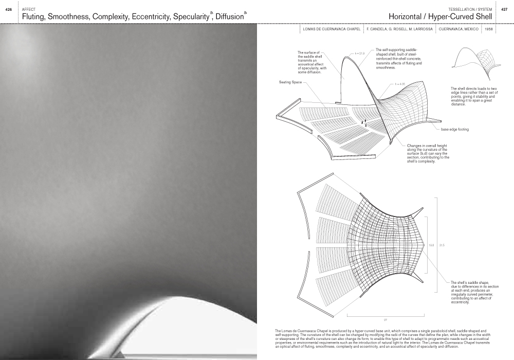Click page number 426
click(x=8, y=10)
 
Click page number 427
click(x=504, y=10)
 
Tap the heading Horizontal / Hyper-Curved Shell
click(x=440, y=16)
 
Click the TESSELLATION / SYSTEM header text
click(x=470, y=10)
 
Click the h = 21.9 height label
click(x=359, y=53)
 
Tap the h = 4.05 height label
click(x=400, y=83)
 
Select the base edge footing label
click(x=455, y=129)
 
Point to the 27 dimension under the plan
click(x=385, y=320)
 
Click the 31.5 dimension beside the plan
click(x=442, y=245)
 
